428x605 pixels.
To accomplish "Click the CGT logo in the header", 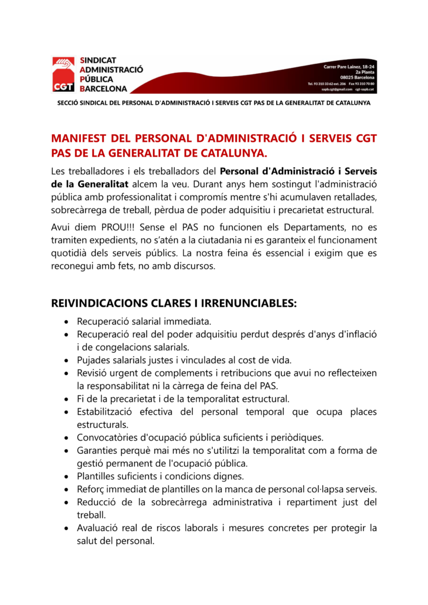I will pyautogui.click(x=63, y=74).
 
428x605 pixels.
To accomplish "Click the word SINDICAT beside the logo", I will pyautogui.click(x=98, y=60).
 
